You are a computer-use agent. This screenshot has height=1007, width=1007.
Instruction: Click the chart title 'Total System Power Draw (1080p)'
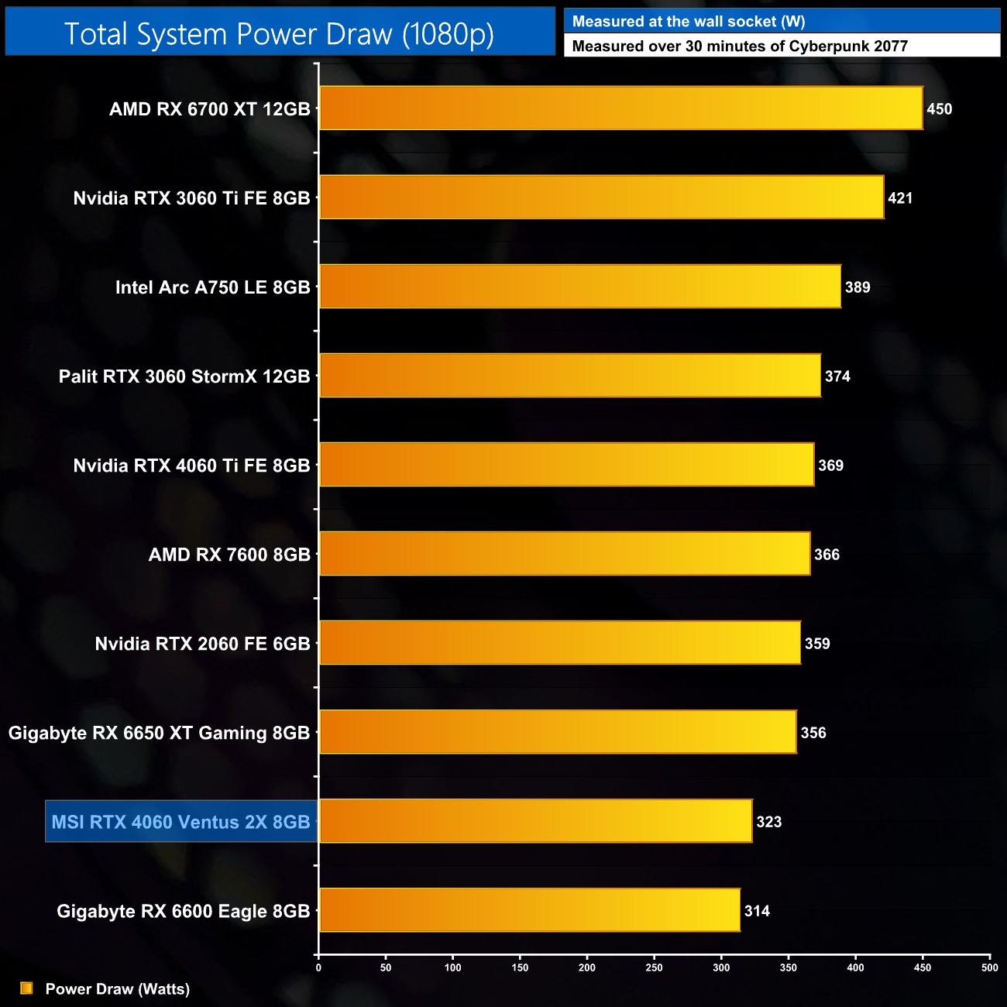tap(279, 34)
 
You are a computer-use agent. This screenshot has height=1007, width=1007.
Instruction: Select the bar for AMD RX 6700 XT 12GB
tap(620, 108)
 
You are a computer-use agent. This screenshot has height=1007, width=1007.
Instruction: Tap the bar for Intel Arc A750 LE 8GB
tap(579, 287)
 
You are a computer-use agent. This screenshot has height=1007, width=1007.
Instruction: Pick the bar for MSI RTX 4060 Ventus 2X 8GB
tap(535, 821)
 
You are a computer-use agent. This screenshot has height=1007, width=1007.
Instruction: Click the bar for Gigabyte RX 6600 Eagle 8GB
tap(529, 910)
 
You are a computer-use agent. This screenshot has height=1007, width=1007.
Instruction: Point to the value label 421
tap(900, 198)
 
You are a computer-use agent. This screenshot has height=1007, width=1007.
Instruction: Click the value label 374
tap(837, 376)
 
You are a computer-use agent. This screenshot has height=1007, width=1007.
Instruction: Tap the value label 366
tap(827, 555)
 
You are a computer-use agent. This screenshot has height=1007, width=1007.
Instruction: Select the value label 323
tap(769, 822)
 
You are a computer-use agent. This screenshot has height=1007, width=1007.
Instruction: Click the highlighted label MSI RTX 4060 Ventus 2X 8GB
tap(181, 822)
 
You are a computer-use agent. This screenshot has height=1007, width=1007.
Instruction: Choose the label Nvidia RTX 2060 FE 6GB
tap(202, 644)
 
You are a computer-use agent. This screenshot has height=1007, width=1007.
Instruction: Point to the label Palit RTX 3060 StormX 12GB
tap(184, 376)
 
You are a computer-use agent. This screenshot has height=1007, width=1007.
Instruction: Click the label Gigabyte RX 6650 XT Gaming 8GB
tap(159, 733)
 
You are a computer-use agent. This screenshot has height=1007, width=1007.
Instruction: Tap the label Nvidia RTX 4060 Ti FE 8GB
tap(191, 466)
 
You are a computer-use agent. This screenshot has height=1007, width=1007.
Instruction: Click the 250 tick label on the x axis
tap(655, 967)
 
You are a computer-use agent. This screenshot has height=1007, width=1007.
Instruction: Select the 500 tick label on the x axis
tap(989, 967)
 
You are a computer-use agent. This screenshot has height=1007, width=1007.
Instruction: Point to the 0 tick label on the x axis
tap(318, 967)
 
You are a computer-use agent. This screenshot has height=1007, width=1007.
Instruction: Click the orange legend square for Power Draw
tap(26, 988)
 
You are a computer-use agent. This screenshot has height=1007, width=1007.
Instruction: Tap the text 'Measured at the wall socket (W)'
tap(688, 22)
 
